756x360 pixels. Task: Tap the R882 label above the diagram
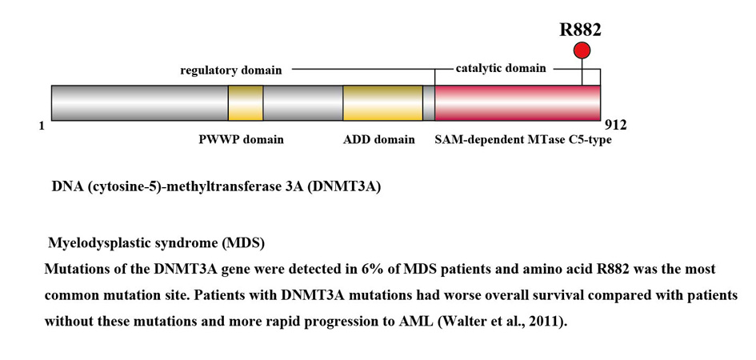(x=580, y=30)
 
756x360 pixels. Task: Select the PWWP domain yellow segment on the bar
(x=246, y=103)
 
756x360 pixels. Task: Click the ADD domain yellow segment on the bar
(x=382, y=103)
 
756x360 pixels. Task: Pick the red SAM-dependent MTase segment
(x=517, y=103)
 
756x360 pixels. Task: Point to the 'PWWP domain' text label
(x=241, y=139)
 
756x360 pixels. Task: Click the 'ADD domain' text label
(x=378, y=139)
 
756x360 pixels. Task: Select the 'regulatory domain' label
(x=230, y=70)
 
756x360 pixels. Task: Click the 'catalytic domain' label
(x=501, y=68)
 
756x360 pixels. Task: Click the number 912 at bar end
(x=615, y=125)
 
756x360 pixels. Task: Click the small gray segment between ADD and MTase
(x=429, y=103)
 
